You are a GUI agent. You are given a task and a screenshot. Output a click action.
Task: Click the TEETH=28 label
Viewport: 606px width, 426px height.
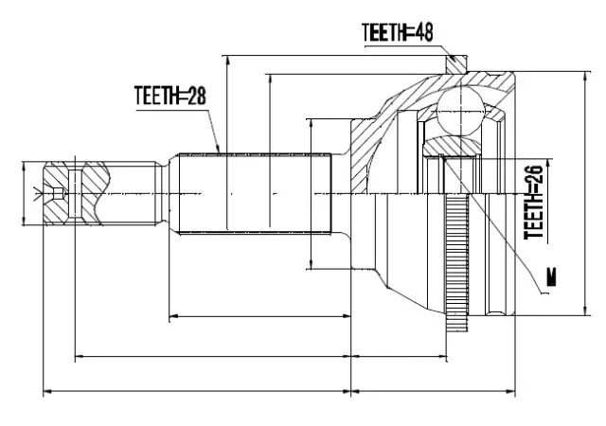point(169,95)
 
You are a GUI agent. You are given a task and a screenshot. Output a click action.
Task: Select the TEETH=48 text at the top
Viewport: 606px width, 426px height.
point(397,32)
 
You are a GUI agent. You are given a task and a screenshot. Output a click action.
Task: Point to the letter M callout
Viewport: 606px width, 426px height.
point(551,278)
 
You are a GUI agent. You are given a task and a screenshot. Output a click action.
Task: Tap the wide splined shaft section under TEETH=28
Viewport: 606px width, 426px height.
point(252,194)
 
